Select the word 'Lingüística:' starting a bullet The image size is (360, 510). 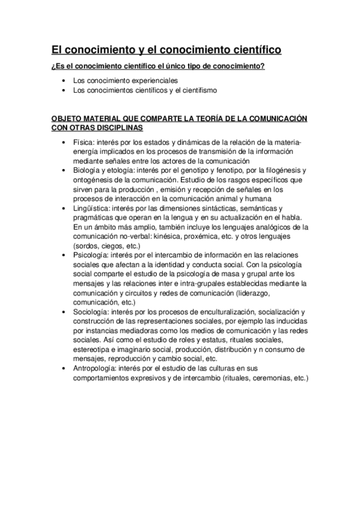click(x=93, y=207)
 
